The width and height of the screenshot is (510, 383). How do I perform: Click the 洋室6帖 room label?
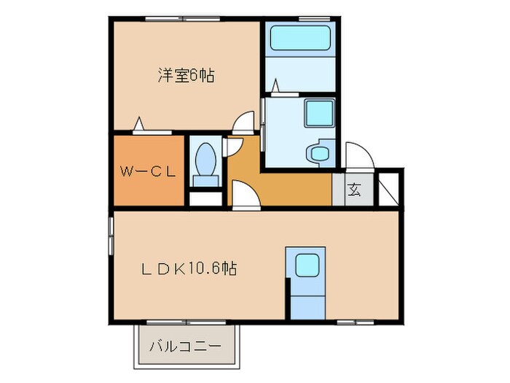(x=186, y=75)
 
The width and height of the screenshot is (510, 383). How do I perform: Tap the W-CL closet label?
(x=148, y=172)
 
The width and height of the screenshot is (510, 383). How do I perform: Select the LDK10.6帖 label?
(x=188, y=268)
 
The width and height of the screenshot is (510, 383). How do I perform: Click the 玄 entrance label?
(x=354, y=190)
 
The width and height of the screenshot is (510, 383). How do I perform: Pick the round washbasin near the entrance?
(x=318, y=152)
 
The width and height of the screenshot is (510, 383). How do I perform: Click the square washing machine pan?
(x=318, y=113)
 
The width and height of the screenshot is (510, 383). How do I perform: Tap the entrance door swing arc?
(x=360, y=155)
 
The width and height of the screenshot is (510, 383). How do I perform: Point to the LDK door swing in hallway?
(x=243, y=195)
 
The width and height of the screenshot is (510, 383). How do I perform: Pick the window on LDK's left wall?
(x=111, y=234)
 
